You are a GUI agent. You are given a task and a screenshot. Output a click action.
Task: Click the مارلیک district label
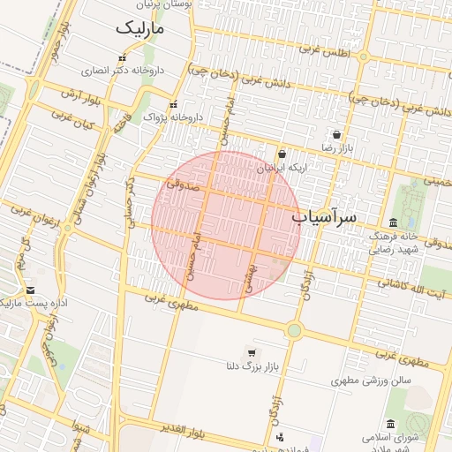point(140,28)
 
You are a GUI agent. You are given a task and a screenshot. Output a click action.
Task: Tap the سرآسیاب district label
point(324,215)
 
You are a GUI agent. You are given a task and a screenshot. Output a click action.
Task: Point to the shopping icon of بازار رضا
point(337,135)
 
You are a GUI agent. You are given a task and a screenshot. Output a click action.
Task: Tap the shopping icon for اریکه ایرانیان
point(281,154)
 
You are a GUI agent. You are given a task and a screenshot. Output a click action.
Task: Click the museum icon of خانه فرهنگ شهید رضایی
point(393,222)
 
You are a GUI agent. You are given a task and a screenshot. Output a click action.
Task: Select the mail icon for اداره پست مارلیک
point(31,290)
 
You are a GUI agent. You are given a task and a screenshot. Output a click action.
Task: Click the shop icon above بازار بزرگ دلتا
point(252,353)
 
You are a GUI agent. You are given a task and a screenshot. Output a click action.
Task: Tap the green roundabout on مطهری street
point(294,330)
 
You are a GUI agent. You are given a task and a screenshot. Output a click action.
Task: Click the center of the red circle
point(225,225)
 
